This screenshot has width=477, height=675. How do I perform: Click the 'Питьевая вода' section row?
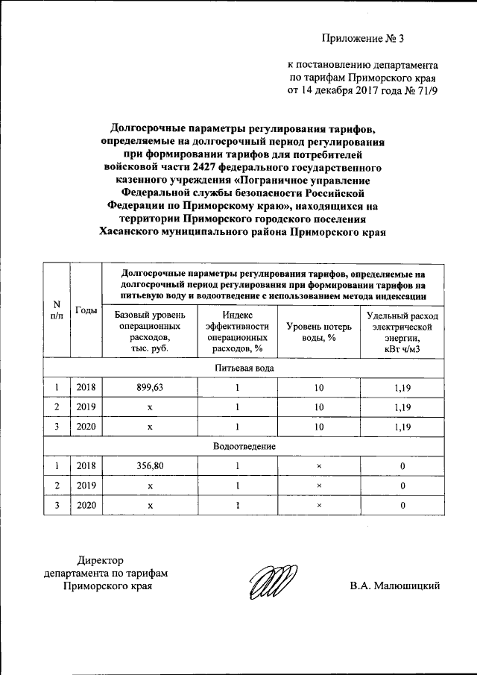[244, 368]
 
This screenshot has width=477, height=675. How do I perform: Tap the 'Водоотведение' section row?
[244, 446]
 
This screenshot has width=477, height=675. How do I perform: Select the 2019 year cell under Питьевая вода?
[86, 407]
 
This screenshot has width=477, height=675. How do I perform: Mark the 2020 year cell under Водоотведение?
[86, 505]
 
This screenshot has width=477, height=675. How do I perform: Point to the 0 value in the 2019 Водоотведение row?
[402, 486]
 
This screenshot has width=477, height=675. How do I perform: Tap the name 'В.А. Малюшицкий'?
[395, 585]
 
